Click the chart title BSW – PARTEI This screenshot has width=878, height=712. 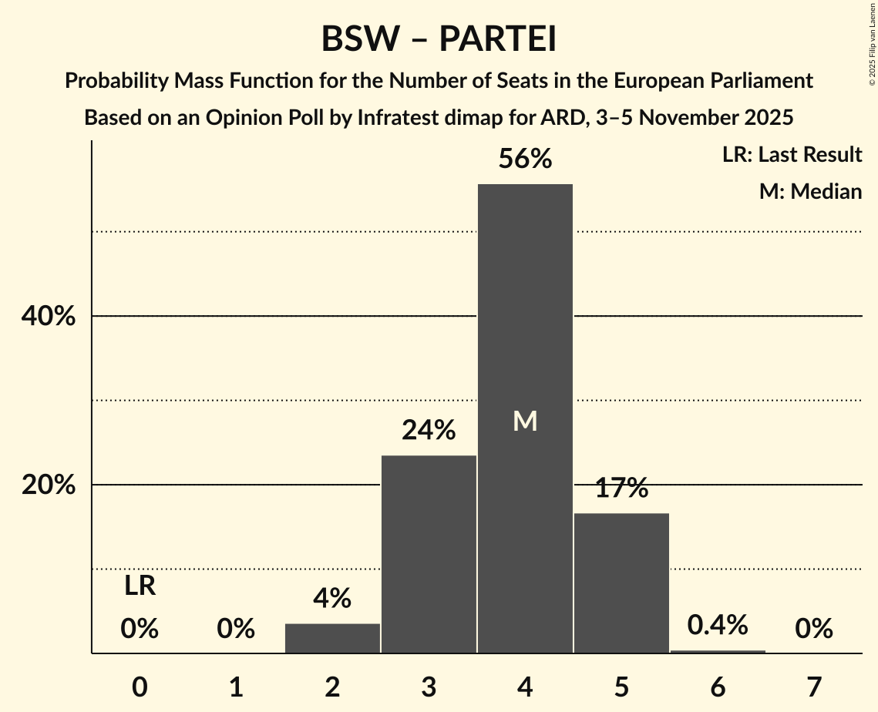[439, 39]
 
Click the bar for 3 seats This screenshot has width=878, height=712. [429, 555]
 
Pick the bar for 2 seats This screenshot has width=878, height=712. [332, 638]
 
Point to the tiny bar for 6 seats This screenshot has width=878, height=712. [718, 652]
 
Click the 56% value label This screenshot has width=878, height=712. [525, 159]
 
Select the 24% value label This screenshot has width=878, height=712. [429, 430]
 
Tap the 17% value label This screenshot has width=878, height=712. [621, 488]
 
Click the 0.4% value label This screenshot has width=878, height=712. [718, 625]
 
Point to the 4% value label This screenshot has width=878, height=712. [332, 598]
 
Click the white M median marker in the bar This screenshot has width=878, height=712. [525, 421]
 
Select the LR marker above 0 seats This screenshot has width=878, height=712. [140, 586]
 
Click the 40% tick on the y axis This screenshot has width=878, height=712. [48, 316]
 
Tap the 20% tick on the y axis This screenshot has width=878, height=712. [48, 485]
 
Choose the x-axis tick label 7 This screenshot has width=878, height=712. [814, 687]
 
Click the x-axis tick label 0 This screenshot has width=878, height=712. [140, 687]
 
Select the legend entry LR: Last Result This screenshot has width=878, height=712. [792, 155]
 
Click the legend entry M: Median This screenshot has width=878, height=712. [810, 191]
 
